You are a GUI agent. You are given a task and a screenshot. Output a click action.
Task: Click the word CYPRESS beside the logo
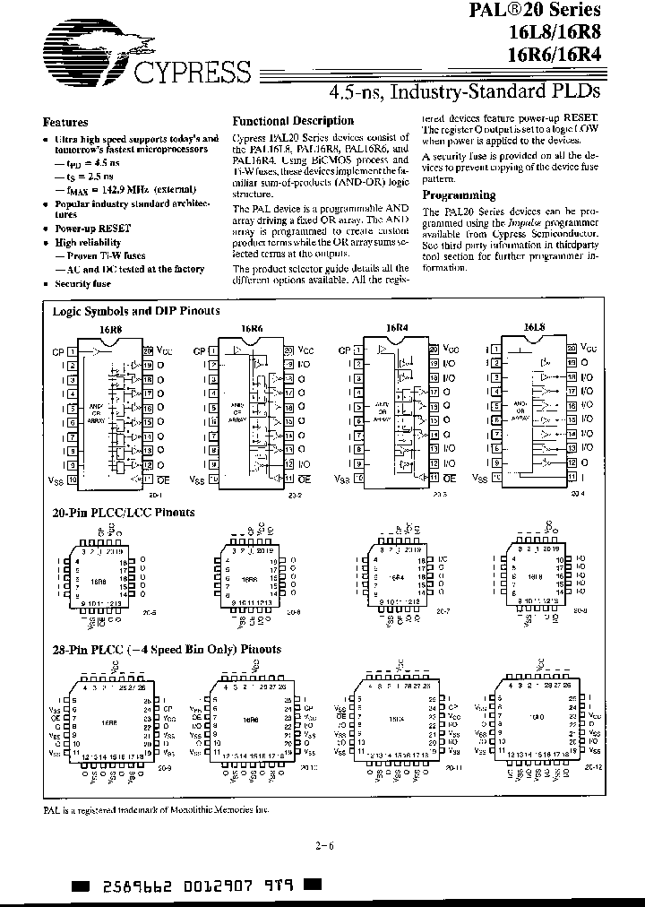(192, 69)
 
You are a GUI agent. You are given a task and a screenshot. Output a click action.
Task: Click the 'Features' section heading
(65, 122)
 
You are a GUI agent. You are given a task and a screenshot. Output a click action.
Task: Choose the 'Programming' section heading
(458, 194)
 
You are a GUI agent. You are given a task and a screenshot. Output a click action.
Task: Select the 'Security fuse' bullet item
(82, 283)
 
